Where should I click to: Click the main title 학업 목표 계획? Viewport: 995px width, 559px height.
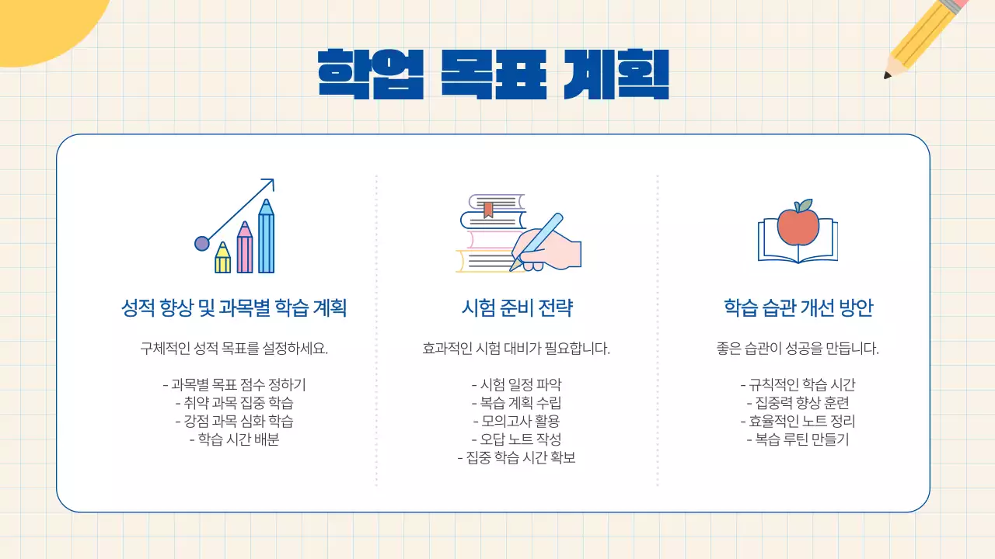494,74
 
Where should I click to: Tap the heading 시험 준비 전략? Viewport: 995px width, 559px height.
517,308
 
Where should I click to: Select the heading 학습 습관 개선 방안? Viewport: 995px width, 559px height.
798,308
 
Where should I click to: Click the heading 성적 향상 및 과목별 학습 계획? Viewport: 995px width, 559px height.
234,308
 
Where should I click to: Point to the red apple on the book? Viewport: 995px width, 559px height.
798,226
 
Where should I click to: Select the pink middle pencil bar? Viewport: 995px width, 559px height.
245,250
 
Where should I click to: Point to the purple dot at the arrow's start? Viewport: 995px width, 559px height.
202,244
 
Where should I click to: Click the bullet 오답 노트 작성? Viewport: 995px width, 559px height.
516,439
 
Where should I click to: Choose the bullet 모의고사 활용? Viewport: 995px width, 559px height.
516,421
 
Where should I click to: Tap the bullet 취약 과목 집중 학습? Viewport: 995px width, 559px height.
234,403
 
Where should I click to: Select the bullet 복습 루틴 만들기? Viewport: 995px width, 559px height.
798,439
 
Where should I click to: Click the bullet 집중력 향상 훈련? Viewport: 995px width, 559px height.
798,403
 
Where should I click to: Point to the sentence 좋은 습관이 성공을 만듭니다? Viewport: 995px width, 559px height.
798,349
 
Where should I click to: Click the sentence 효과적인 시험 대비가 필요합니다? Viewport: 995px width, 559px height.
516,349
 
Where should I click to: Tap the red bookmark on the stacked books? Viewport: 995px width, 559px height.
488,208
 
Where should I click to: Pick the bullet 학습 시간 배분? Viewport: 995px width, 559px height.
234,439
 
